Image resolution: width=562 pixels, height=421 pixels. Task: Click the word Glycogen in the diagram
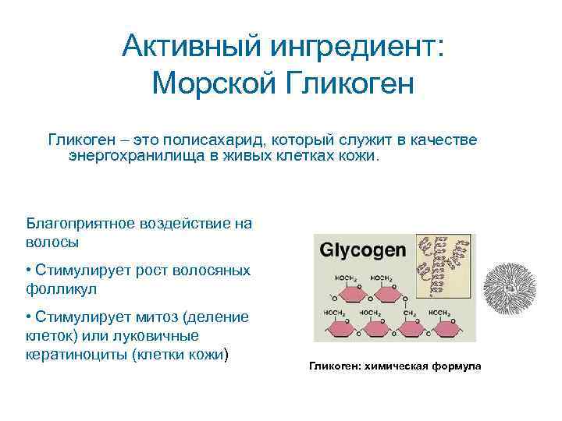(363, 251)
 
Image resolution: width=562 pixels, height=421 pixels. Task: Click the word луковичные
(155, 336)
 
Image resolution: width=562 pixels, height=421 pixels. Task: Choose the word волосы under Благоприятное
(52, 242)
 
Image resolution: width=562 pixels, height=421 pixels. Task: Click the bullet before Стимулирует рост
(28, 270)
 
